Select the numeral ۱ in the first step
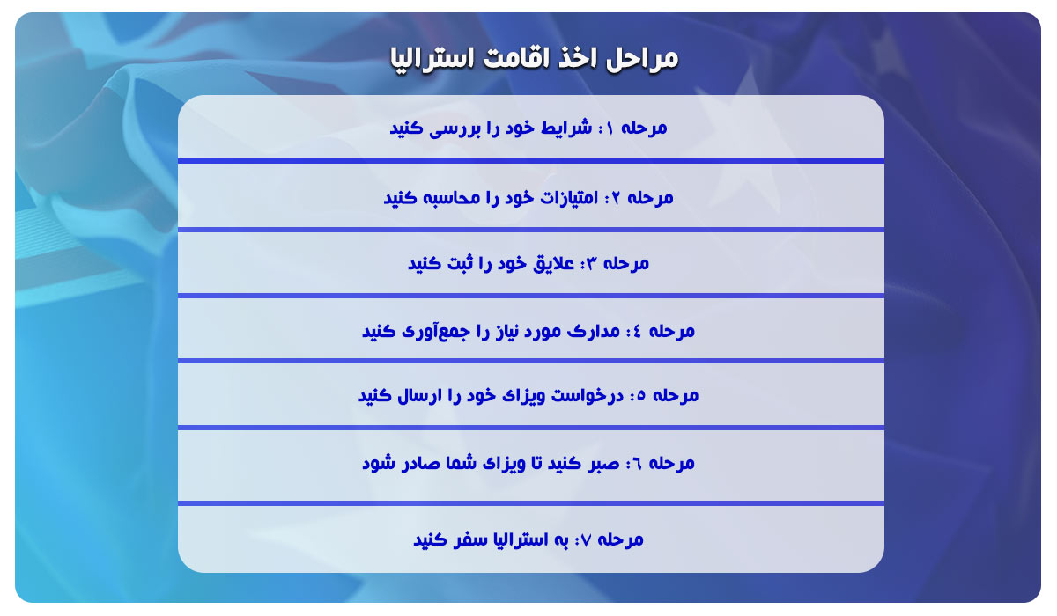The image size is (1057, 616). [609, 128]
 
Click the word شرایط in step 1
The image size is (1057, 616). [565, 128]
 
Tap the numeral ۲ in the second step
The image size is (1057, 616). [615, 198]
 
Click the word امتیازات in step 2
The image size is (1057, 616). [568, 198]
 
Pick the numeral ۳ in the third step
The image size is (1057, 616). [592, 263]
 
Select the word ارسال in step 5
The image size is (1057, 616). [419, 395]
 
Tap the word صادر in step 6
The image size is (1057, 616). [419, 463]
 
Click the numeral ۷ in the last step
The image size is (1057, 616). [586, 540]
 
